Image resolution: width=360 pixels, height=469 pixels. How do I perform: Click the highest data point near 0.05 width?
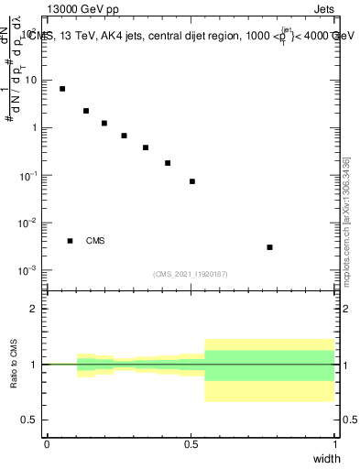[x=62, y=89]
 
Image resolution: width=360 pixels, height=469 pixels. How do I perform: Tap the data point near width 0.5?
[x=192, y=181]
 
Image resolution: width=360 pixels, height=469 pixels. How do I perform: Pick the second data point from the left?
[x=86, y=111]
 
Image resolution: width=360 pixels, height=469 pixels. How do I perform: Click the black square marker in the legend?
[x=70, y=241]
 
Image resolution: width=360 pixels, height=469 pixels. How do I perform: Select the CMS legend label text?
[x=95, y=241]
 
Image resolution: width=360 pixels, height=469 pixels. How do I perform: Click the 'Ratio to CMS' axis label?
[x=15, y=365]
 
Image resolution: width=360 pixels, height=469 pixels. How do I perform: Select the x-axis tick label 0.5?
[x=191, y=443]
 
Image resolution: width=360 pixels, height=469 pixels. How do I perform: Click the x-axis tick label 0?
[x=47, y=443]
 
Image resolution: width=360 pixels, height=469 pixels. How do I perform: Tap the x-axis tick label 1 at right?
[x=335, y=443]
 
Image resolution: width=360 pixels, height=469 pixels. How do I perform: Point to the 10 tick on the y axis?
[x=31, y=80]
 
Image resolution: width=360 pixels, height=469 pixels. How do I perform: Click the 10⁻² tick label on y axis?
[x=30, y=223]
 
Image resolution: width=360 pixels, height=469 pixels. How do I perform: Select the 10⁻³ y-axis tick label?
[x=30, y=270]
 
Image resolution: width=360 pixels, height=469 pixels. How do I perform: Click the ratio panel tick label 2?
[x=35, y=309]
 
